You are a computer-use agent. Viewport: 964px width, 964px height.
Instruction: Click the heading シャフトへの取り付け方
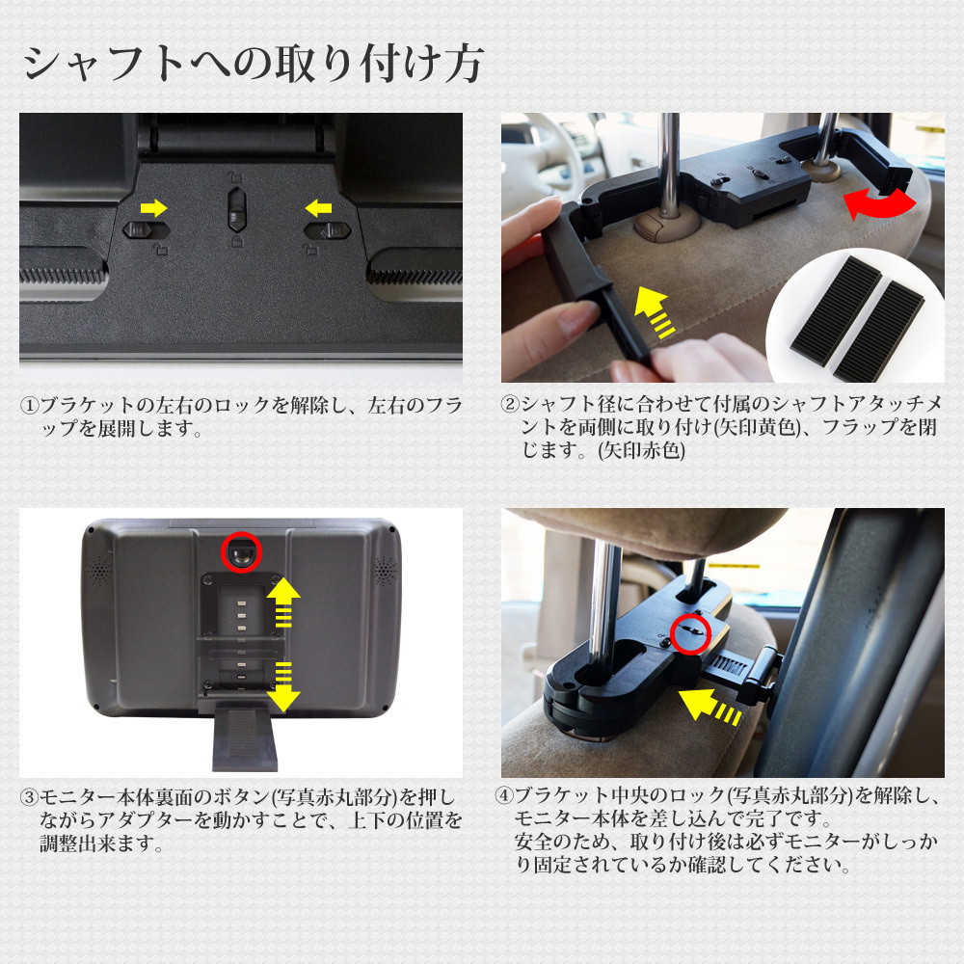pos(253,64)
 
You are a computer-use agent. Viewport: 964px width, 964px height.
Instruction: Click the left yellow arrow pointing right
pos(153,208)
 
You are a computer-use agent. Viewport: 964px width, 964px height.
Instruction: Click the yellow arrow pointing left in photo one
pos(318,208)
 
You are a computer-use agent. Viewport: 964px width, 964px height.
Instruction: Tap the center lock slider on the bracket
pos(237,209)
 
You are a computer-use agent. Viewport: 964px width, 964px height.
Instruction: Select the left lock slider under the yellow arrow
pos(147,230)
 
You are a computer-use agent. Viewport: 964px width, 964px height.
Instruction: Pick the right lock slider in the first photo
pos(328,230)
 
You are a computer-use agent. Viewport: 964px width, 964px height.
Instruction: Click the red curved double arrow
pos(879,202)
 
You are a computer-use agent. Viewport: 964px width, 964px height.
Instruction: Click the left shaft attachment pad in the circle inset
pos(836,311)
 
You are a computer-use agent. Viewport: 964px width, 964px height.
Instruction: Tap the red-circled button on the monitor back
pos(242,552)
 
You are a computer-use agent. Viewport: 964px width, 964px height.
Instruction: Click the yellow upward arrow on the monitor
pos(282,602)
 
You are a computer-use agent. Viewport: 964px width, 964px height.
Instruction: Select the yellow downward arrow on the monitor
pos(283,686)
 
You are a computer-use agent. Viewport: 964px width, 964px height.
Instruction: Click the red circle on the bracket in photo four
pos(690,634)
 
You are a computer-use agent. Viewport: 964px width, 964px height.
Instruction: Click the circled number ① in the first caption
pos(29,406)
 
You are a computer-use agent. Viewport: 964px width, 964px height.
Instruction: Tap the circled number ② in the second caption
pos(510,404)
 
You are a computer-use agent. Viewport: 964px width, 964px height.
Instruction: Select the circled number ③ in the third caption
pos(29,798)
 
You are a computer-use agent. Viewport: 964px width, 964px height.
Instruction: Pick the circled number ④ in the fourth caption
pos(504,795)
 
